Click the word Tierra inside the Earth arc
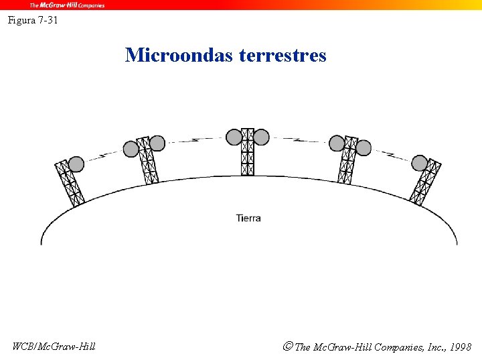tap(248, 218)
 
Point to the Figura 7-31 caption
tap(33, 20)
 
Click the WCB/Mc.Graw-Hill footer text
tap(54, 347)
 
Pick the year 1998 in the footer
tap(461, 347)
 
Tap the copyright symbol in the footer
tap(288, 347)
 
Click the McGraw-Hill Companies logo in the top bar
tap(67, 5)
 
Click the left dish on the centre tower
tap(234, 137)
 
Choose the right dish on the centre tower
tap(262, 137)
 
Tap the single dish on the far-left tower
tap(76, 164)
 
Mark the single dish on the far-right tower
tap(420, 162)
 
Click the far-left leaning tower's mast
tap(70, 182)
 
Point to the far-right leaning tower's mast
tap(426, 182)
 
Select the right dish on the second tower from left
tap(157, 143)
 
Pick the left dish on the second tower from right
tap(337, 143)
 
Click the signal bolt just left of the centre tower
tap(198, 140)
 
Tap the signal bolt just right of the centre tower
tap(297, 140)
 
